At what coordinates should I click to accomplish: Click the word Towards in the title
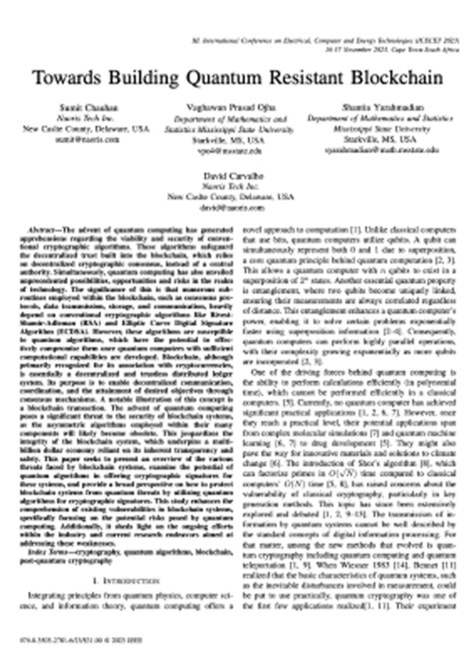(x=67, y=78)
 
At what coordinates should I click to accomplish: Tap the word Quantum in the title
(x=225, y=78)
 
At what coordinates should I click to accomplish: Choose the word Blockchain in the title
(x=397, y=78)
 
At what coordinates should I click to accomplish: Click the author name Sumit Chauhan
(x=89, y=108)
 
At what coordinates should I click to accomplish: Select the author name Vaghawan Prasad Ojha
(x=231, y=108)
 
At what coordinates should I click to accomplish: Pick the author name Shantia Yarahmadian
(x=383, y=108)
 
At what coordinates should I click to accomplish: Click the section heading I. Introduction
(x=126, y=581)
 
